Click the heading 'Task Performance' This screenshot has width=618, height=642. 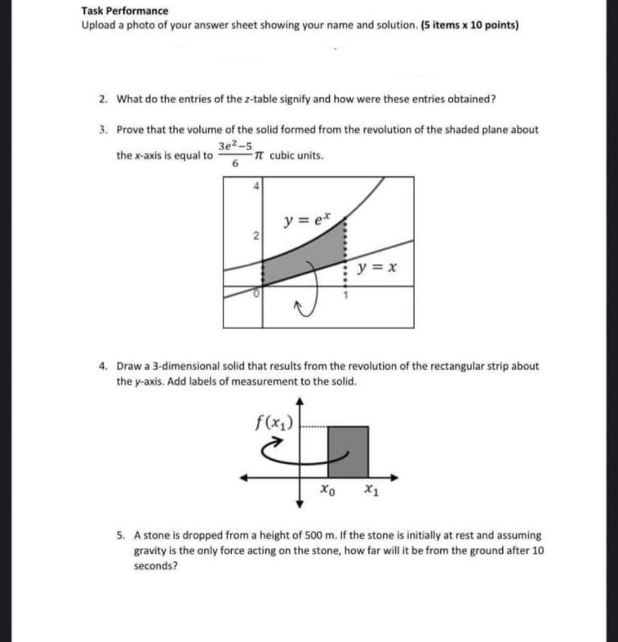click(125, 11)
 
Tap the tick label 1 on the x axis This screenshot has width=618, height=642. click(343, 295)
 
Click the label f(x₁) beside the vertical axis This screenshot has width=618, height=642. click(276, 418)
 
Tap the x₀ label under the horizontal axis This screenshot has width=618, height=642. click(327, 490)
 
